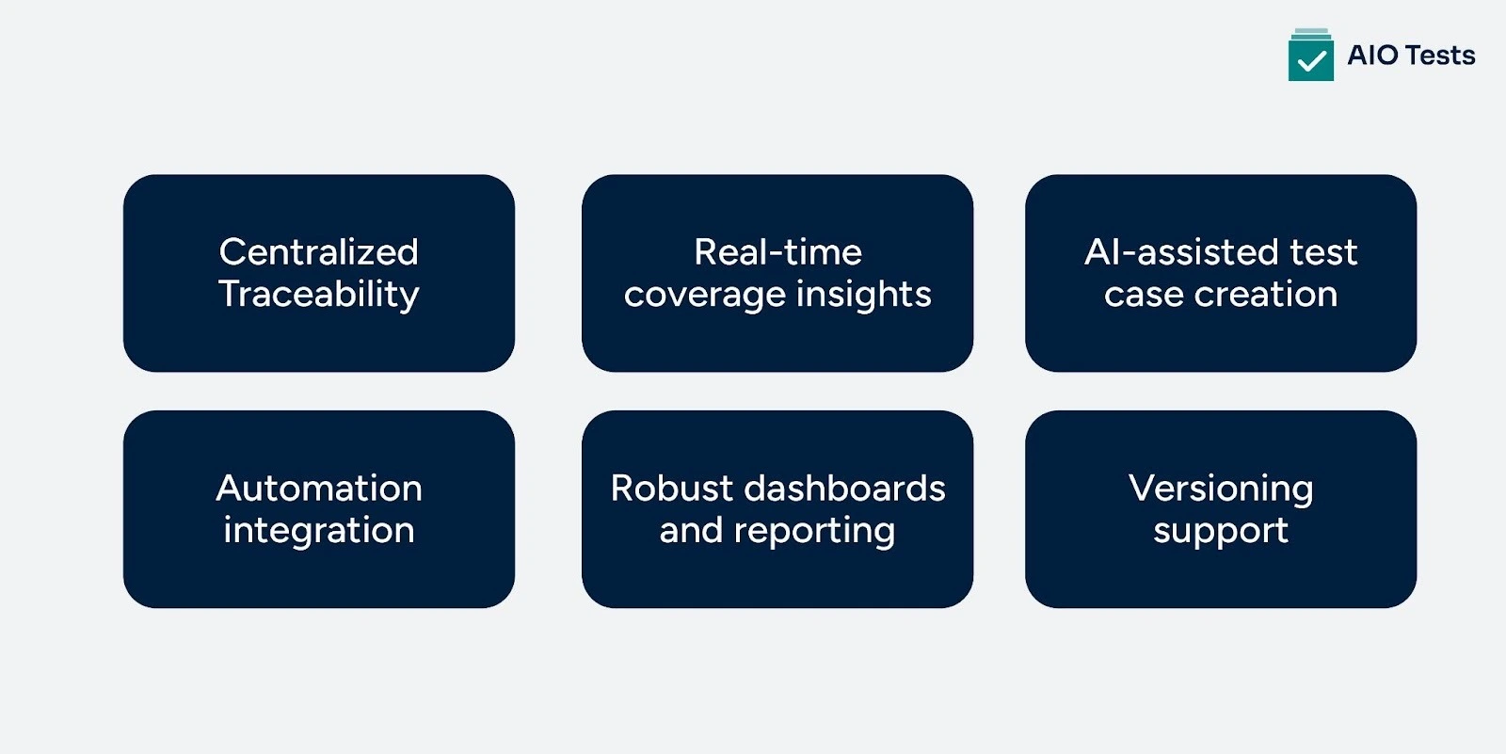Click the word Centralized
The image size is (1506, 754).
(x=318, y=252)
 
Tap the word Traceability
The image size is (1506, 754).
(x=318, y=295)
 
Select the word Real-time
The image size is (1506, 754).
(x=777, y=252)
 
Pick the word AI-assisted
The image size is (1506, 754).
(x=1180, y=252)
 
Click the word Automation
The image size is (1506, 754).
(x=318, y=489)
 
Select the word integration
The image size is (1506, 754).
(x=318, y=531)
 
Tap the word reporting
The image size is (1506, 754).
(x=814, y=532)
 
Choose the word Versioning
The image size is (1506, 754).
(x=1220, y=489)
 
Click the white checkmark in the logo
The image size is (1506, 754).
(x=1311, y=62)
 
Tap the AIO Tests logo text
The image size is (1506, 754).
(x=1410, y=56)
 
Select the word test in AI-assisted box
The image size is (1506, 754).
(x=1323, y=252)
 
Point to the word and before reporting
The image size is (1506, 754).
(x=690, y=531)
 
